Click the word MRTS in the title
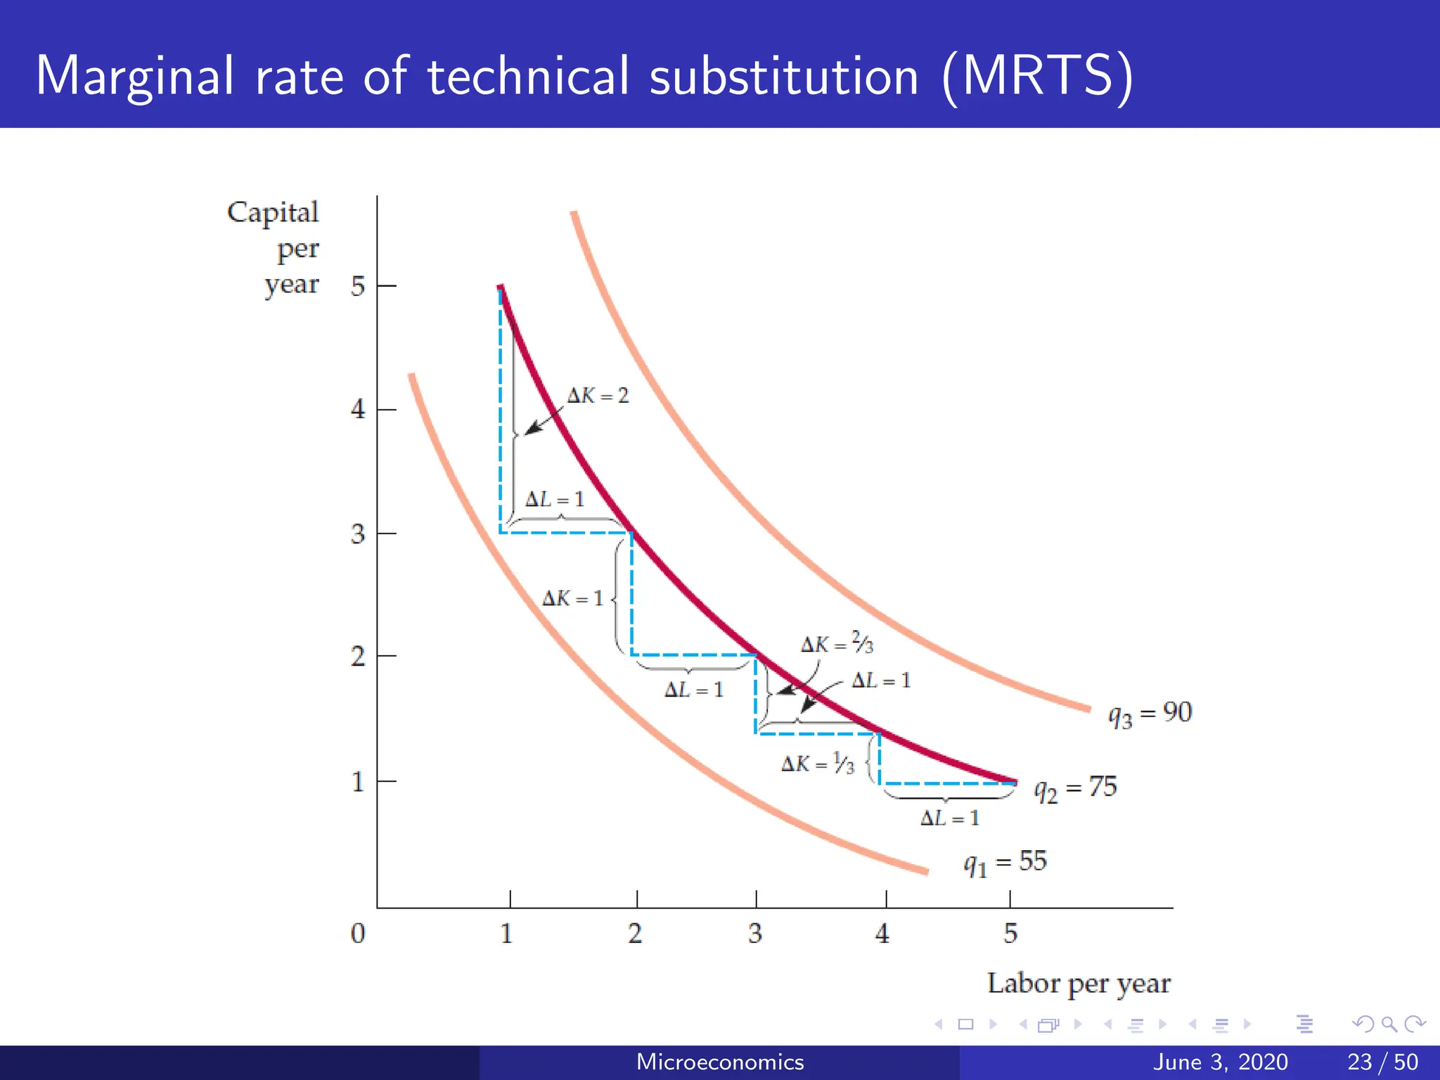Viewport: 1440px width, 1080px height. click(1038, 76)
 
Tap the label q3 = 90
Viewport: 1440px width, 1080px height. click(1150, 714)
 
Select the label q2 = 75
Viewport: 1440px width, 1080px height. click(1075, 787)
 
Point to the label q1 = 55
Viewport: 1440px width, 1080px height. click(1005, 862)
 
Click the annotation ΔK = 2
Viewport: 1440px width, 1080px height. click(598, 396)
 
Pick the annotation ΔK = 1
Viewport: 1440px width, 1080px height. click(572, 598)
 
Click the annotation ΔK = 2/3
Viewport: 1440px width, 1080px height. click(837, 643)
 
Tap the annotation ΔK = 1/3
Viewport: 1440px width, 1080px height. click(818, 764)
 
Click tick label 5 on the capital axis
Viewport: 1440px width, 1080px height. click(358, 286)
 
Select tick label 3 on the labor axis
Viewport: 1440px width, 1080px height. click(755, 934)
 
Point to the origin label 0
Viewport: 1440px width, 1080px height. click(358, 934)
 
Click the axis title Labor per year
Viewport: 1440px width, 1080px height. click(1079, 984)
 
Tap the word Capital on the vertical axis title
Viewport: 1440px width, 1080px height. click(273, 212)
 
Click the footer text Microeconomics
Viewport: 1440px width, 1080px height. click(720, 1062)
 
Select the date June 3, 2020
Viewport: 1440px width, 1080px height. click(1221, 1062)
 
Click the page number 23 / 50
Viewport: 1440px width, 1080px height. click(1382, 1062)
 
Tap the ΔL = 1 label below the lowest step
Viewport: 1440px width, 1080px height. click(949, 818)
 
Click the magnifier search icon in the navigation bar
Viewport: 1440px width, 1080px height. click(1389, 1024)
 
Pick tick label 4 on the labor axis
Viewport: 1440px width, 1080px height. click(882, 934)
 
